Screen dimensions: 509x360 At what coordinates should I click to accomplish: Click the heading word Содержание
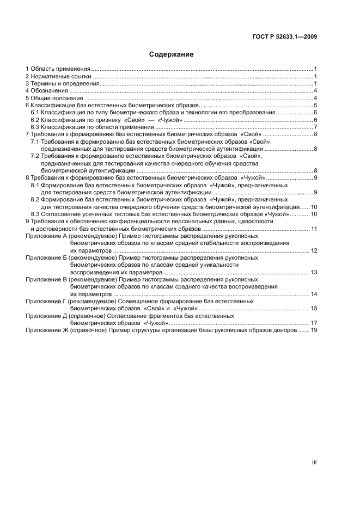(x=172, y=54)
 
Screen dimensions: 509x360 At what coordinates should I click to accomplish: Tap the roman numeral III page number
(x=314, y=462)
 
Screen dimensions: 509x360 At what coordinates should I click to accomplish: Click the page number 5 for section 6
(x=315, y=105)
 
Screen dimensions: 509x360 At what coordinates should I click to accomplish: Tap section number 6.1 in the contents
(x=35, y=112)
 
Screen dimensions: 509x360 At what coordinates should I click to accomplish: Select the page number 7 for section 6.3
(x=315, y=127)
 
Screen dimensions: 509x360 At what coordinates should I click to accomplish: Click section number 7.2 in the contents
(x=35, y=156)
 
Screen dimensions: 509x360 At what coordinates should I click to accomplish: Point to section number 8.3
(x=35, y=214)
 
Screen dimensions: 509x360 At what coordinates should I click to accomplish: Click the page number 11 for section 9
(x=314, y=229)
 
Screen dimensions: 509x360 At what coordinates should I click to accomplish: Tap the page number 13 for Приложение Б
(x=314, y=272)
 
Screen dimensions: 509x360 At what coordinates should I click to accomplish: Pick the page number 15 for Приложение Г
(x=314, y=308)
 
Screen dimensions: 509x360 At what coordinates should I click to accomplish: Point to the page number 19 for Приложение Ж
(x=314, y=330)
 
